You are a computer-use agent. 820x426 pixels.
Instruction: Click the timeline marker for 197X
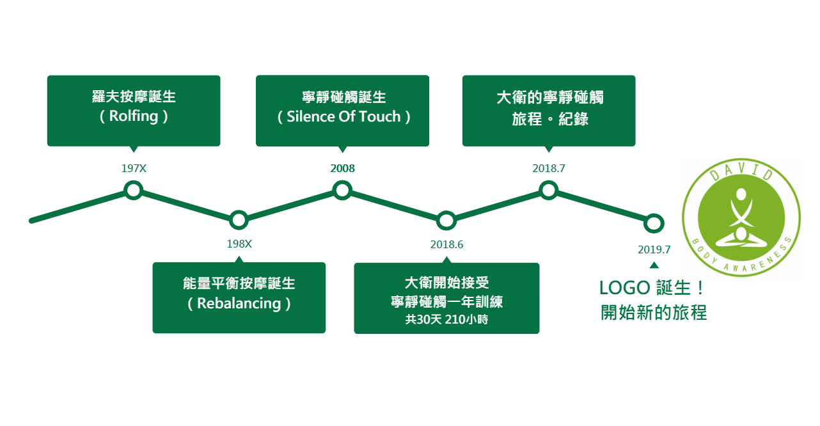point(134,190)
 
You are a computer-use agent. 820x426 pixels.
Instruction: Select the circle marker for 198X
point(239,220)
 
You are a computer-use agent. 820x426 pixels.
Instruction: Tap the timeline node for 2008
point(343,190)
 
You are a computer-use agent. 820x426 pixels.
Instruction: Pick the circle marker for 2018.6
point(446,221)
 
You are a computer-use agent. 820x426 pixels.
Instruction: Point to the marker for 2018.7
point(548,190)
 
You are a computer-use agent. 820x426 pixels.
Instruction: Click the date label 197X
point(134,169)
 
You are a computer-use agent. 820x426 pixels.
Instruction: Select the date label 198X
point(239,244)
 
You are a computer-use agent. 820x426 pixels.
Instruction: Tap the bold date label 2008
point(342,169)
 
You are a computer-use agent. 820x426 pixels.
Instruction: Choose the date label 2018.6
point(446,244)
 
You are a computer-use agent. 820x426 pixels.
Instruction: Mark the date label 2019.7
point(654,249)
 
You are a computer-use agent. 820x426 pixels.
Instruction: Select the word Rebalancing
point(239,303)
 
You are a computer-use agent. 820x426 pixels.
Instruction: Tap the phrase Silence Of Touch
point(343,116)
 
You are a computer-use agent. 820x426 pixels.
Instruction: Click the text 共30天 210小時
point(446,319)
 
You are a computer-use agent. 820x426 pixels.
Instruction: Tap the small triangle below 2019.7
point(654,265)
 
